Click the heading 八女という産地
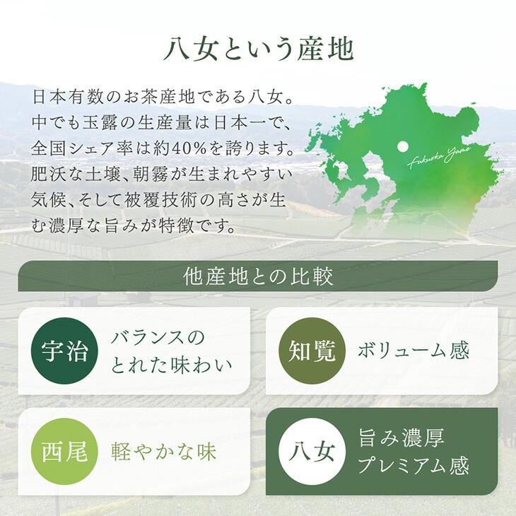(258, 49)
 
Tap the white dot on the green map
(403, 146)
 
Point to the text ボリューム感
(414, 351)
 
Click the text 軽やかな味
(164, 452)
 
